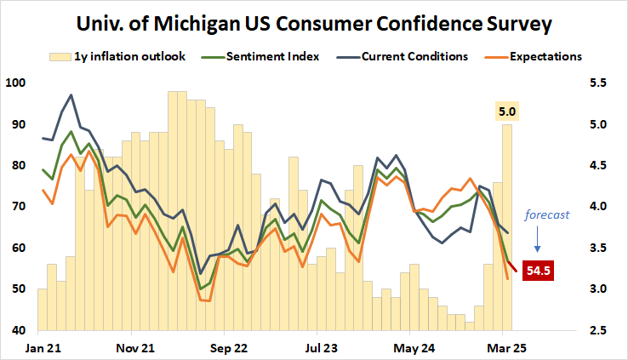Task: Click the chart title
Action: click(x=314, y=23)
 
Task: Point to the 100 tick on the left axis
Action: click(x=16, y=83)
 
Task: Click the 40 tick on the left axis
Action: click(x=19, y=330)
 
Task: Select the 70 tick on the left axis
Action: click(x=19, y=207)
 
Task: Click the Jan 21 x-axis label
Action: click(x=43, y=348)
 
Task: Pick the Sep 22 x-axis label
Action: click(x=229, y=348)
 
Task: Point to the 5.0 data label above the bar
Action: click(x=507, y=111)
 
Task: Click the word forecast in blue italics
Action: click(x=545, y=215)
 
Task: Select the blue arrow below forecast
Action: click(x=537, y=245)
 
